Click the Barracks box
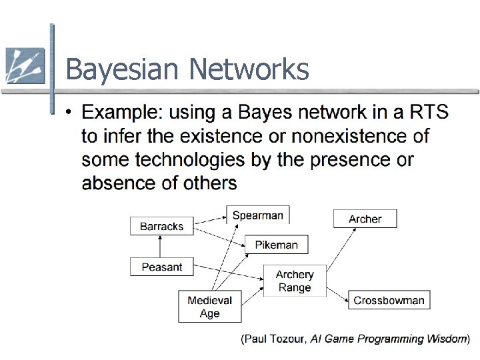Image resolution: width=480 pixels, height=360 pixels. point(161,226)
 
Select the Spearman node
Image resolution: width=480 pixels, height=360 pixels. point(257,215)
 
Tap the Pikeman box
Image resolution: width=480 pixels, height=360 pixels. point(276,245)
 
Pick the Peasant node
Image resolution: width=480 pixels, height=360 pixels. point(161,267)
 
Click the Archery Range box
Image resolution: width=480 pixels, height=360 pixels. point(295,281)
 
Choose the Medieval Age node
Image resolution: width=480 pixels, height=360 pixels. point(209,307)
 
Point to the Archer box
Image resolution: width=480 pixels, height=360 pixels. point(365,219)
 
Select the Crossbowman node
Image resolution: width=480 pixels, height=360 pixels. point(389,300)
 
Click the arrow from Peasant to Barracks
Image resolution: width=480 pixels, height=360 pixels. point(161,246)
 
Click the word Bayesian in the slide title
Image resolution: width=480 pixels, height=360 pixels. point(123,69)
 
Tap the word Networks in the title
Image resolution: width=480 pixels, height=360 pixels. point(249,69)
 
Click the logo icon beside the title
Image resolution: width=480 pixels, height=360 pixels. point(24,65)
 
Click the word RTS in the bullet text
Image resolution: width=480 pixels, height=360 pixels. point(427,111)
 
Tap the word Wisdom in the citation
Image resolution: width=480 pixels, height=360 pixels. point(444,339)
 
